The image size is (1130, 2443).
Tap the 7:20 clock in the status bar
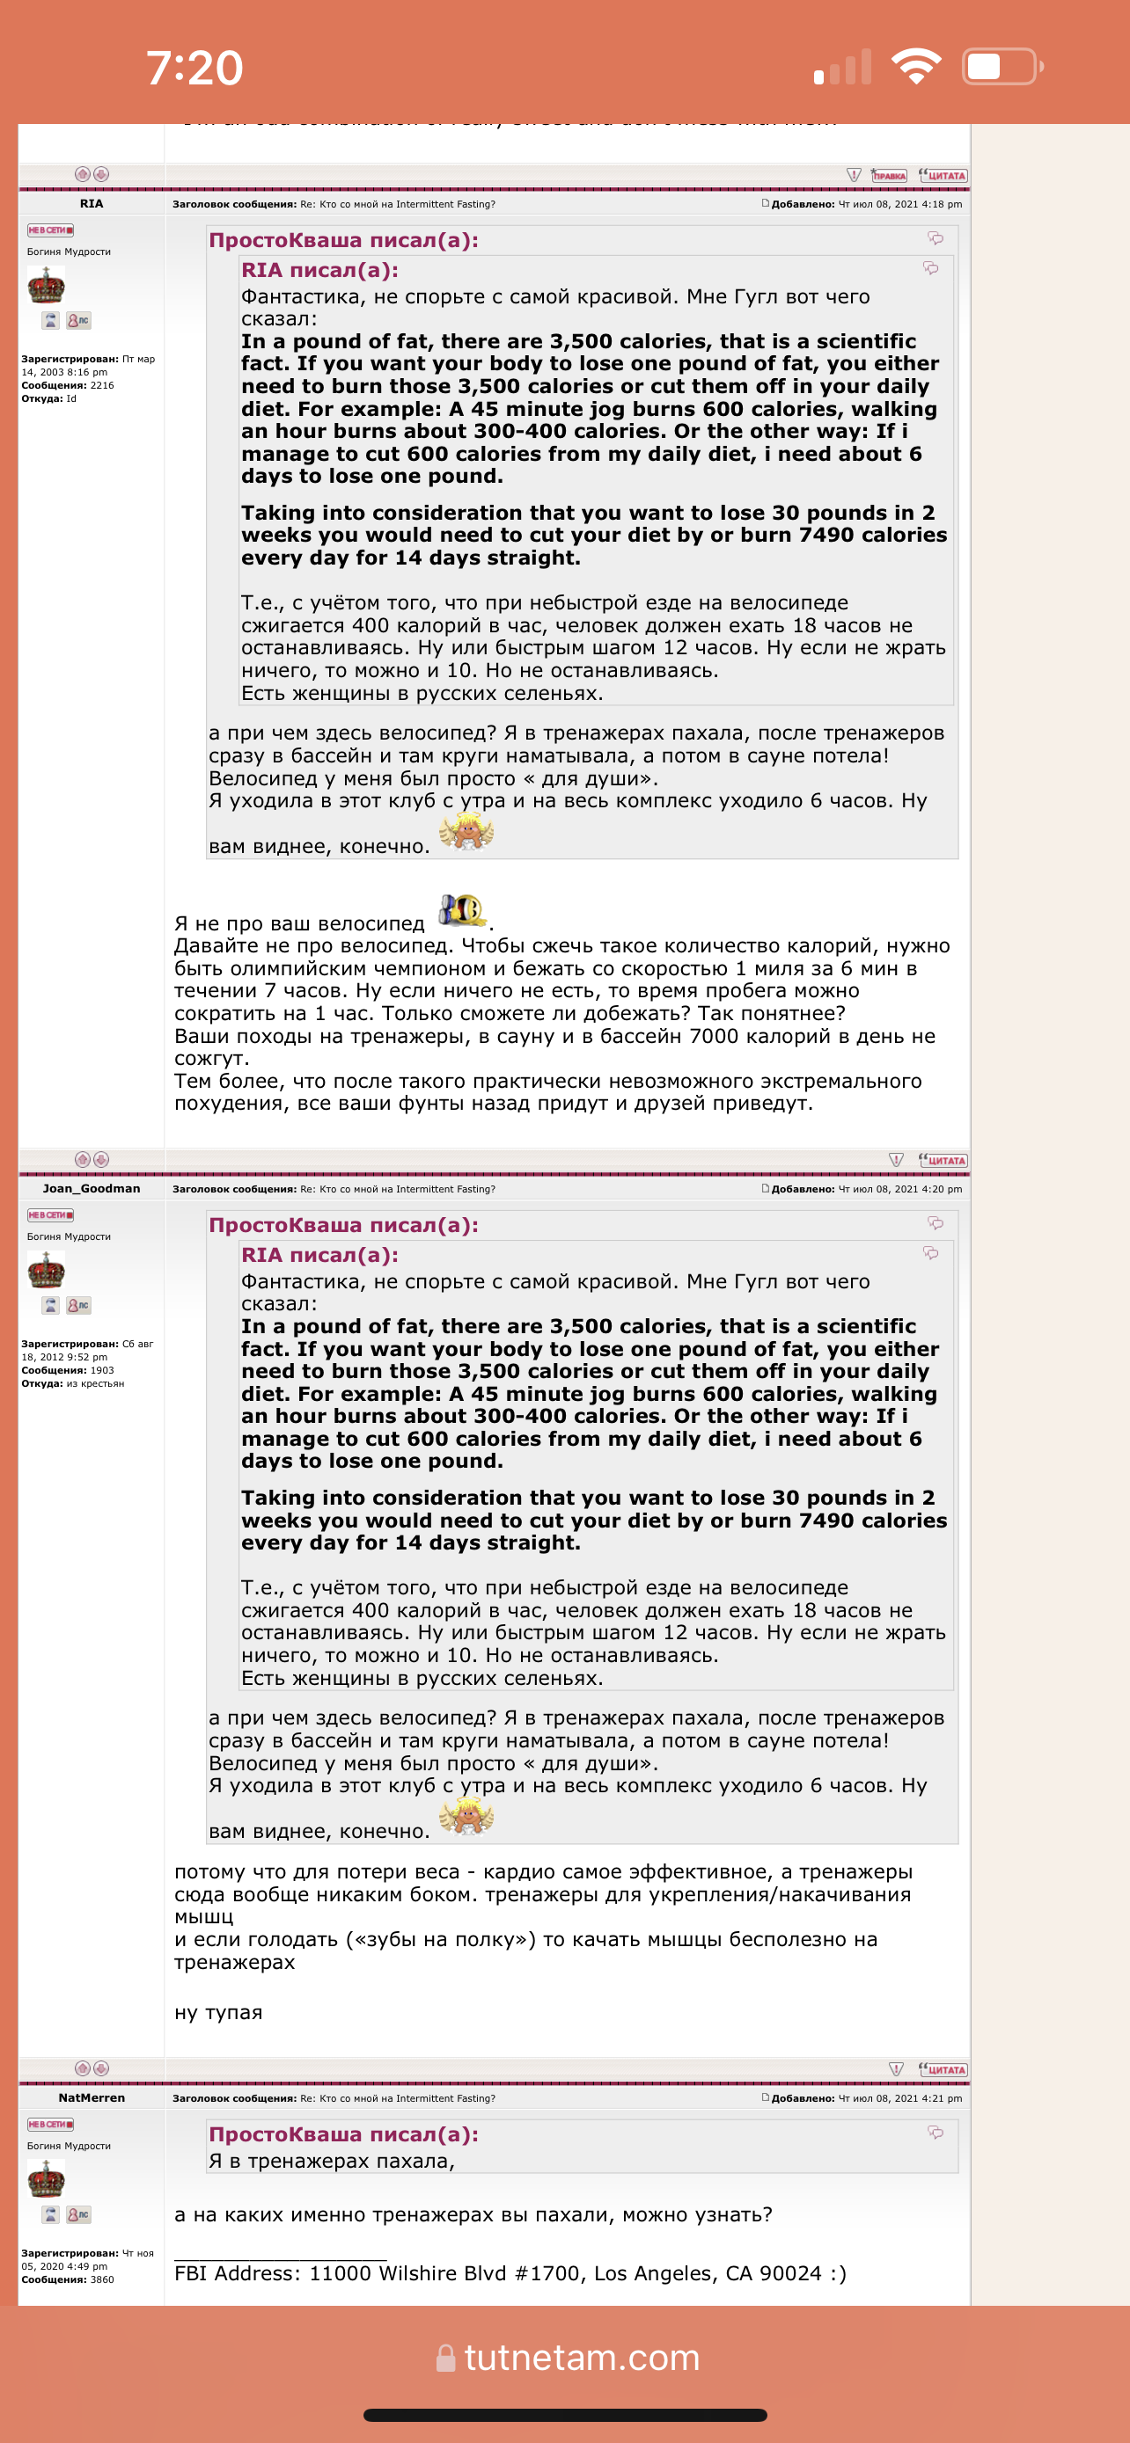(x=194, y=69)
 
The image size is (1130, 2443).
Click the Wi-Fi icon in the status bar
(x=915, y=66)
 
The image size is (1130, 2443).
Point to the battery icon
(x=1002, y=66)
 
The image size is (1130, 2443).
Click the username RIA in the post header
(x=91, y=204)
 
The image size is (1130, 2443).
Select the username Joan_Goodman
(x=91, y=1188)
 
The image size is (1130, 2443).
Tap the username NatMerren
(x=91, y=2097)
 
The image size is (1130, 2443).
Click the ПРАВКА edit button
(x=889, y=176)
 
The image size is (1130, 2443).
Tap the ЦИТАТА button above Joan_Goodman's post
(x=943, y=1160)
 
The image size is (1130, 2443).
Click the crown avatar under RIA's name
(x=46, y=285)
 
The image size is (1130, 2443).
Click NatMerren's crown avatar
(x=46, y=2179)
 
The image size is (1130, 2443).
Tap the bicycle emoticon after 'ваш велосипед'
(x=461, y=910)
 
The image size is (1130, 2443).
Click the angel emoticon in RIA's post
(x=466, y=833)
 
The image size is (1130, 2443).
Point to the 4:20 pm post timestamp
(x=899, y=1189)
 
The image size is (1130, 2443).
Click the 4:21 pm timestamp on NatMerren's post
(x=899, y=2099)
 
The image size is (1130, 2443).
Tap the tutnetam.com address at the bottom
(x=582, y=2357)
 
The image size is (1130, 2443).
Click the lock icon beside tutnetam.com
(x=445, y=2358)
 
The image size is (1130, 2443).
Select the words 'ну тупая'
(x=218, y=2012)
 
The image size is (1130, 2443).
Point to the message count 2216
(x=101, y=386)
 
